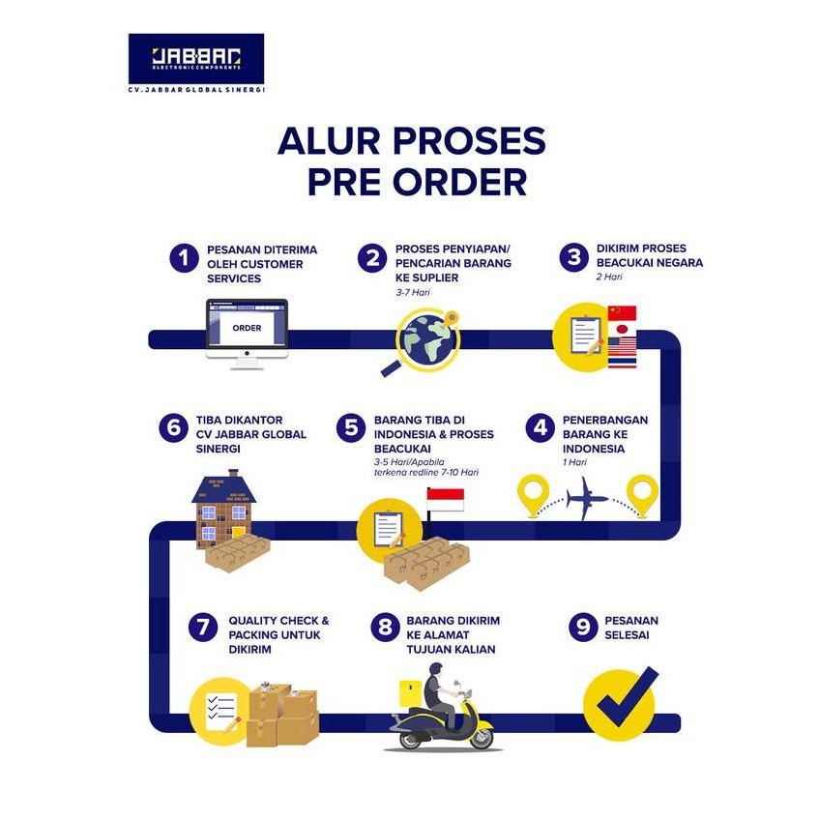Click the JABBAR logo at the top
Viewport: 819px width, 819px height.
coord(195,59)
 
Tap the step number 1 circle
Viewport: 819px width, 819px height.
coord(183,258)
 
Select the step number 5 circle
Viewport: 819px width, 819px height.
coord(350,428)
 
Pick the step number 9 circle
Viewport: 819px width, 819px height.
coord(582,627)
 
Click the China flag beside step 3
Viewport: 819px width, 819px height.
coord(622,313)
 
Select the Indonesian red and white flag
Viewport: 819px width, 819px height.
coord(445,499)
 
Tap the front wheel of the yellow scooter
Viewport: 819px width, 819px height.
coord(476,736)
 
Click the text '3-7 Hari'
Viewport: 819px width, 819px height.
coord(413,290)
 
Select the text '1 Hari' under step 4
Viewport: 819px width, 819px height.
coord(575,462)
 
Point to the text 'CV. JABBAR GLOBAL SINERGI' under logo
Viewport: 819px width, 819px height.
coord(196,89)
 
